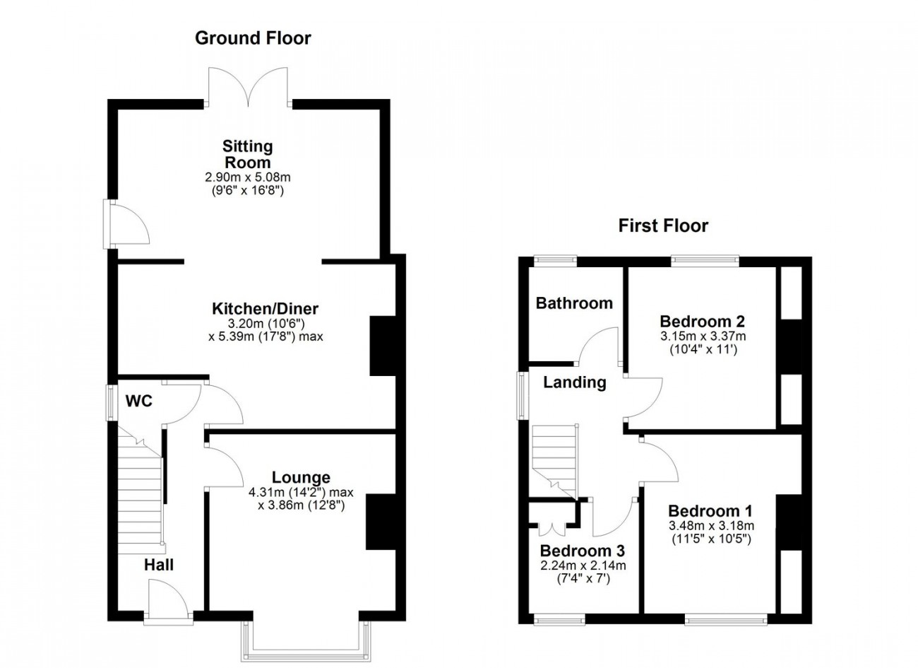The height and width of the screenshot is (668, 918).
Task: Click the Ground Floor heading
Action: (253, 38)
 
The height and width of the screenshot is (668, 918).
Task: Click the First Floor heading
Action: (663, 225)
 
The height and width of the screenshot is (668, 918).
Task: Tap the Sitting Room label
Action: (248, 154)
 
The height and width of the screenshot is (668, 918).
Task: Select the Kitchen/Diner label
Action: (265, 309)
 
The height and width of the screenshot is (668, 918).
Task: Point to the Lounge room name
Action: (302, 477)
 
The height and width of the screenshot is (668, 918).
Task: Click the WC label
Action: (139, 401)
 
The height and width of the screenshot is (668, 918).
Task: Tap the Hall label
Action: (159, 565)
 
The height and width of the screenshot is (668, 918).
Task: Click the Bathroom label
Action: (574, 303)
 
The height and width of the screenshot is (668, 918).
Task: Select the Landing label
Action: (575, 382)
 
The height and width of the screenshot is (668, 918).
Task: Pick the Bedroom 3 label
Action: (583, 551)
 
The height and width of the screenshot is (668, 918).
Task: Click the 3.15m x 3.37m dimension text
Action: (703, 336)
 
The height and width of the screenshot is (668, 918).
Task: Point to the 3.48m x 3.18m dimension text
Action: (712, 526)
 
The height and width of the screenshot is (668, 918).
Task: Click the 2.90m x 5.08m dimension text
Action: (248, 177)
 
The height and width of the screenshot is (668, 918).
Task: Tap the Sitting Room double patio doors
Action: (249, 87)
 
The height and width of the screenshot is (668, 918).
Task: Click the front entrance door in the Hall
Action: (168, 602)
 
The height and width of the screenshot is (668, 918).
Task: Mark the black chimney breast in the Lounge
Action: (381, 522)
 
